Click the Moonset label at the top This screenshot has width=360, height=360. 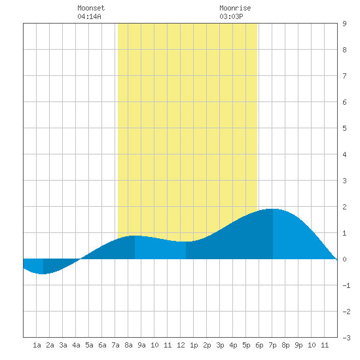[x=91, y=8]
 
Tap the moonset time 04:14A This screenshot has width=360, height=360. [x=89, y=16]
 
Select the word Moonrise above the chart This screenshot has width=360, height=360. [x=235, y=8]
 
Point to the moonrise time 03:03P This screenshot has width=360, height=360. [x=231, y=16]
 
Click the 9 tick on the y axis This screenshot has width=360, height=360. [x=344, y=24]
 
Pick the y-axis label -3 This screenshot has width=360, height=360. [x=346, y=338]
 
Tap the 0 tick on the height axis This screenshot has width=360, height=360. [x=344, y=259]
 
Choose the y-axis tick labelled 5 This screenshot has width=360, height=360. [x=344, y=128]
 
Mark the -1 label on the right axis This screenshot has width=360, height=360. [x=346, y=285]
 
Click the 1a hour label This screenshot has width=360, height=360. [x=37, y=345]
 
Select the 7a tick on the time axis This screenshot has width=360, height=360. [x=115, y=345]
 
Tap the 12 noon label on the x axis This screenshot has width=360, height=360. [x=181, y=345]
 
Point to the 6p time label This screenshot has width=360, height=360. [x=259, y=345]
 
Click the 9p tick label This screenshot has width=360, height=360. [x=298, y=345]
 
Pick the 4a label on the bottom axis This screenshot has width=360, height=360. [x=76, y=345]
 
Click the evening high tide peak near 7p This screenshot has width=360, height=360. [x=273, y=209]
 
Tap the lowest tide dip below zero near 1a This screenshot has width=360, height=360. [x=43, y=274]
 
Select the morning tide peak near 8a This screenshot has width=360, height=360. [x=135, y=236]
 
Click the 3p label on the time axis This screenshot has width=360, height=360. [x=220, y=345]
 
